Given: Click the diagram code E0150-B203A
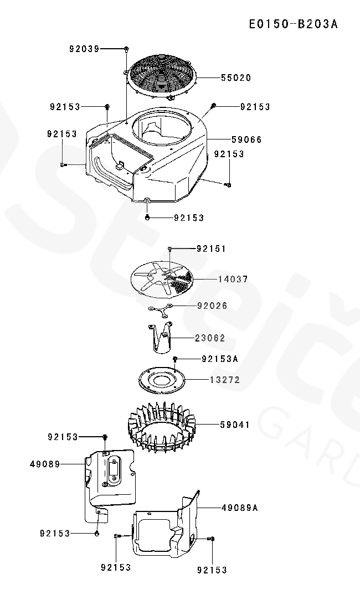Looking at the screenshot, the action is click(293, 24).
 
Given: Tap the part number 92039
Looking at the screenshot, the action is click(84, 49).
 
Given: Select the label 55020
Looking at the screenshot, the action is click(236, 78).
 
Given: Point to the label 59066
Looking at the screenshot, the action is click(246, 139).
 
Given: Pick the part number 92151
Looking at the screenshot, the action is click(212, 249).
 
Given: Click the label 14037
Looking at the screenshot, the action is click(233, 280).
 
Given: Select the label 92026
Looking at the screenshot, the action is click(212, 306).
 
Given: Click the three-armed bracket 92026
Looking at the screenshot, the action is click(161, 310).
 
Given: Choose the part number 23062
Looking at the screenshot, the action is click(210, 338).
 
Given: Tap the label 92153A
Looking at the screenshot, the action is click(219, 359).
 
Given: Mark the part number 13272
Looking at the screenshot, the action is click(225, 380).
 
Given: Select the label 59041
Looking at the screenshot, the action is click(235, 425).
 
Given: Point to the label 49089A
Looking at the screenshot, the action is click(240, 507).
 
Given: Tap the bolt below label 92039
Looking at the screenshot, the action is click(126, 50).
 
